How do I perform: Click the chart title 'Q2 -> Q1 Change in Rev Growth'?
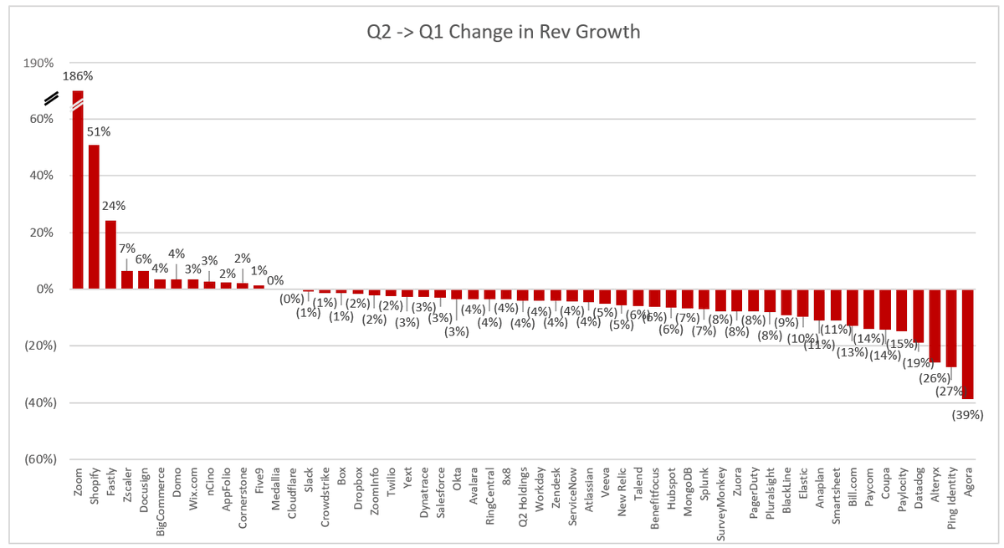[x=503, y=32]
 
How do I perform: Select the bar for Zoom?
[x=78, y=192]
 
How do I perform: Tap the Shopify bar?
[x=94, y=217]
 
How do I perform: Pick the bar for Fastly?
[x=110, y=254]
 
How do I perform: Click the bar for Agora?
[x=969, y=344]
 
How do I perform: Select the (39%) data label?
[x=967, y=414]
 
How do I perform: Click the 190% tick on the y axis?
[x=37, y=63]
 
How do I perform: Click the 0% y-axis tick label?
[x=44, y=289]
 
